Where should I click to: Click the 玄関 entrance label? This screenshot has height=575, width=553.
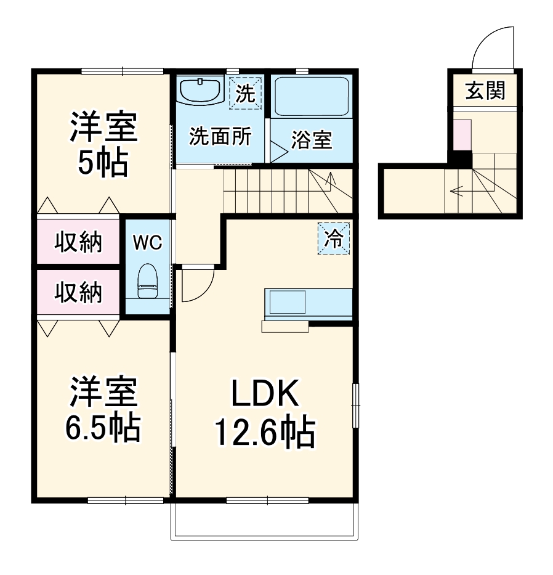click(x=485, y=91)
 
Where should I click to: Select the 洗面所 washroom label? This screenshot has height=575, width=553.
click(x=220, y=136)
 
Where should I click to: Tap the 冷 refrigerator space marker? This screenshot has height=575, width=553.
click(x=333, y=239)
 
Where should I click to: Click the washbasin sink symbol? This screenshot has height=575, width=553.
click(x=201, y=91)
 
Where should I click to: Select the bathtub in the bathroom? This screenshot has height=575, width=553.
click(x=311, y=96)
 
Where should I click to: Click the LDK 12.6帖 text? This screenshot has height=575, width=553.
click(x=265, y=413)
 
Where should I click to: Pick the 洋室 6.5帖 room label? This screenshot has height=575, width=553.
click(x=102, y=410)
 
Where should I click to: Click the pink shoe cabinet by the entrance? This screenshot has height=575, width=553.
click(x=462, y=135)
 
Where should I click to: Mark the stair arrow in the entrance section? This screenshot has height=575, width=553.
click(x=458, y=190)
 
